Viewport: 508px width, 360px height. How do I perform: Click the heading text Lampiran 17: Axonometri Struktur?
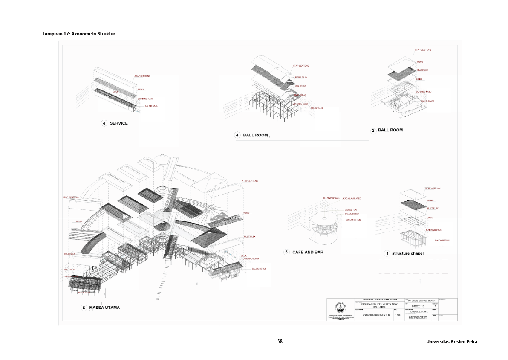click(79, 33)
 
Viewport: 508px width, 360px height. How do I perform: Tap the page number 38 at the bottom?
click(280, 341)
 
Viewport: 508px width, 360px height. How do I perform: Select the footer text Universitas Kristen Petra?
click(451, 342)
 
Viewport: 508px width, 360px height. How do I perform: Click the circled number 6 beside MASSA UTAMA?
click(84, 308)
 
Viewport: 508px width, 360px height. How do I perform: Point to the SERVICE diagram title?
click(118, 123)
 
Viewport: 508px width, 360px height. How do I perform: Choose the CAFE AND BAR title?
click(308, 252)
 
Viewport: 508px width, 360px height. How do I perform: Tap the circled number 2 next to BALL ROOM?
click(373, 130)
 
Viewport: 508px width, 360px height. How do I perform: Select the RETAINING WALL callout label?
click(331, 198)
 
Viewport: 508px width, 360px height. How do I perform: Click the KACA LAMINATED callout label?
click(352, 198)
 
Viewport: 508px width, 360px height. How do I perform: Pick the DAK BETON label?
click(351, 210)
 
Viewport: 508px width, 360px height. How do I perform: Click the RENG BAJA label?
click(301, 78)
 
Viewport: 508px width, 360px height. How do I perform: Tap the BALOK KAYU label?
click(427, 101)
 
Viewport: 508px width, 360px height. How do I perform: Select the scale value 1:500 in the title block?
click(398, 316)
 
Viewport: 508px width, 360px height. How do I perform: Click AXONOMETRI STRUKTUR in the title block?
click(376, 316)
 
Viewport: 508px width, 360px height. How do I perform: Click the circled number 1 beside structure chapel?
click(387, 253)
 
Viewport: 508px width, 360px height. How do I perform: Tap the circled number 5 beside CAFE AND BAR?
click(287, 252)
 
